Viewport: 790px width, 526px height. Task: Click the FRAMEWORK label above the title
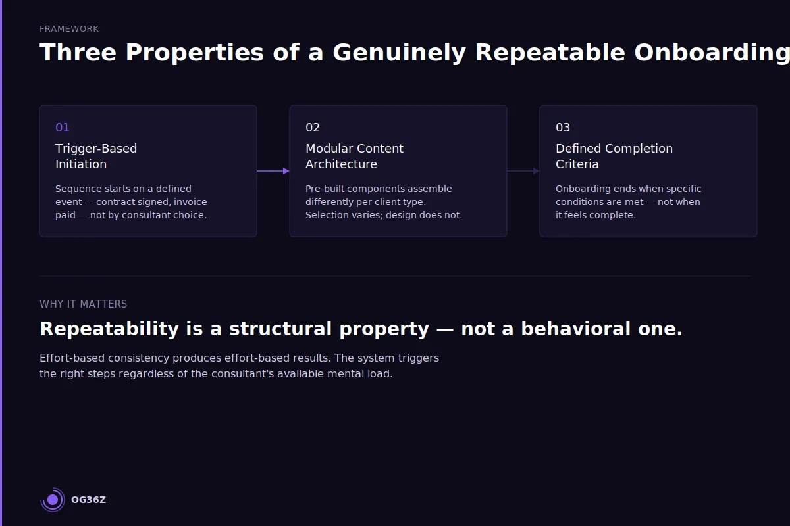coord(69,29)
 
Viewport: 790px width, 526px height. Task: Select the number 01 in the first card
coord(63,128)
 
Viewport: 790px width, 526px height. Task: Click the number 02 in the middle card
coord(313,128)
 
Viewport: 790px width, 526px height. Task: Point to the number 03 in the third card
coord(563,128)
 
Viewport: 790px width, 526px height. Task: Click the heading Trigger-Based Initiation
coord(96,156)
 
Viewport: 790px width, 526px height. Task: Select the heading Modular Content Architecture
coord(354,156)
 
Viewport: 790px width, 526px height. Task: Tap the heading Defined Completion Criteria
coord(614,156)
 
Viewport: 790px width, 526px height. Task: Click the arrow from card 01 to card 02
coord(273,171)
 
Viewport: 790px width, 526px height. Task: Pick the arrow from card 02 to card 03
coord(523,171)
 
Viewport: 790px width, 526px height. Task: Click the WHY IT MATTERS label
coord(83,304)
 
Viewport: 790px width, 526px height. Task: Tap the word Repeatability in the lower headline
coord(109,329)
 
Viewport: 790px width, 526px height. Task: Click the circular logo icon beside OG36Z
coord(53,500)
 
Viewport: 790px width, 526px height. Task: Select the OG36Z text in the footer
coord(88,500)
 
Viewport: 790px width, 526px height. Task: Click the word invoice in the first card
coord(190,202)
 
